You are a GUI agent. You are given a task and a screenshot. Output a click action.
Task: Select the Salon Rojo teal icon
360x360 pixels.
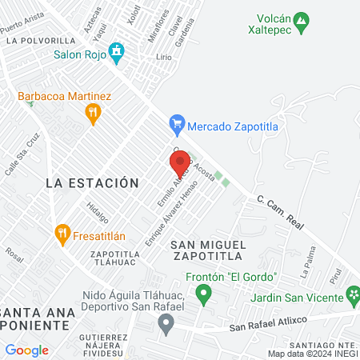[118, 54]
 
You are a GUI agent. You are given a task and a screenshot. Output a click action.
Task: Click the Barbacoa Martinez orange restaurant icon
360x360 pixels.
[94, 114]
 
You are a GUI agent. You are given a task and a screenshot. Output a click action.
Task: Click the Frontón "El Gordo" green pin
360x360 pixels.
[203, 295]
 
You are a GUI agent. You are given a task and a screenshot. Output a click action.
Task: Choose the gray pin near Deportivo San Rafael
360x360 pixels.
[166, 325]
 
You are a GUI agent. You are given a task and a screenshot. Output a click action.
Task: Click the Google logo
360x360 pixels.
[26, 350]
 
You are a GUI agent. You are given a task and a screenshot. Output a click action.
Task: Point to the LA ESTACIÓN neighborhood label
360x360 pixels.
[86, 182]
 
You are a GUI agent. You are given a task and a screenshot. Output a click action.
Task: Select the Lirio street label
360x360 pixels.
[164, 58]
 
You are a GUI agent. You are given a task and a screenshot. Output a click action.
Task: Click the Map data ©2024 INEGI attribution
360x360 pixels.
[312, 354]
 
